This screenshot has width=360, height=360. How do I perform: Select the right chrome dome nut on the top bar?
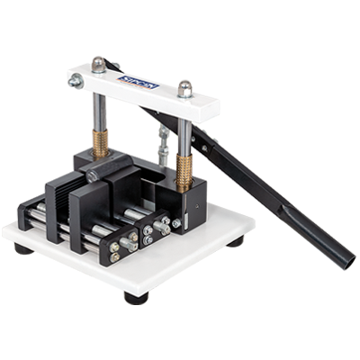point(184,88)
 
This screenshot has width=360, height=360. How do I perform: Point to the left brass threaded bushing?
point(98,144)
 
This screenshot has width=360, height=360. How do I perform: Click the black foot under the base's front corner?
point(135,298)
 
